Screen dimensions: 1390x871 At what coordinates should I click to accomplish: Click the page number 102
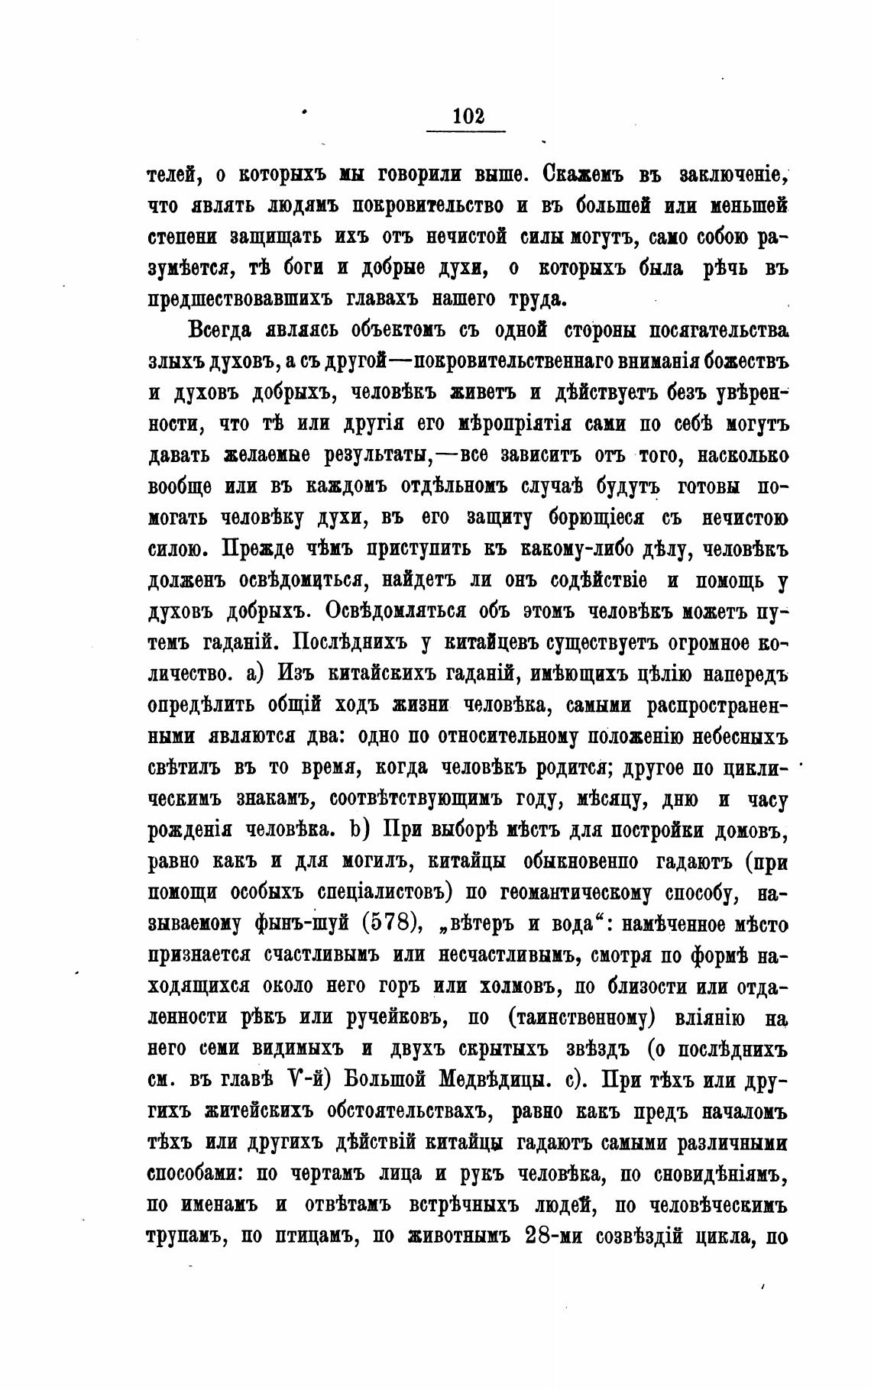468,116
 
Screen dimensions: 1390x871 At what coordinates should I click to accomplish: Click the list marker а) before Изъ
255,674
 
